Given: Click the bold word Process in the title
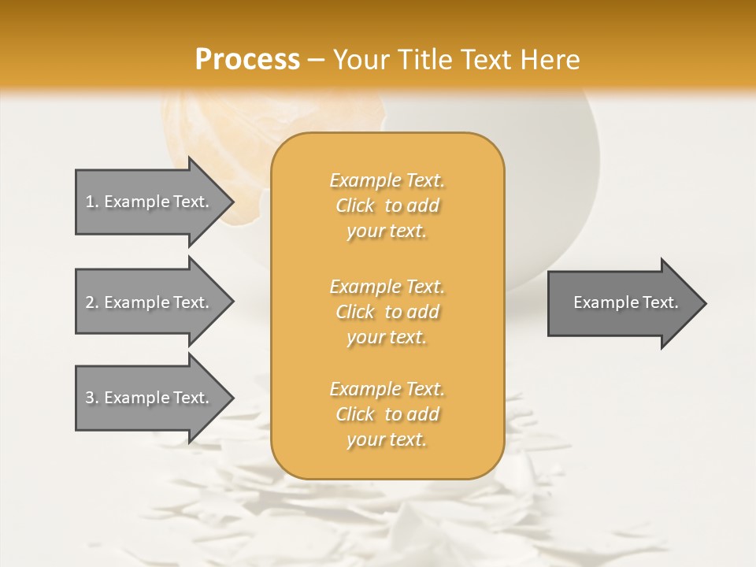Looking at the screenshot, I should click(x=247, y=60).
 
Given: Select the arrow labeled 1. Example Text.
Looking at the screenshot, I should click(x=150, y=202).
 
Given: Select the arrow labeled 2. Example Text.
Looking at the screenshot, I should click(x=150, y=302).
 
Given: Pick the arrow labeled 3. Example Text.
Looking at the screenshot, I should click(x=150, y=398).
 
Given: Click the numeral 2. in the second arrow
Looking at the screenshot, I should click(x=92, y=302).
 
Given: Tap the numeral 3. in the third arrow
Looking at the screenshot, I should click(x=92, y=398).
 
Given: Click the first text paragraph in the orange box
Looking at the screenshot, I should click(x=387, y=206).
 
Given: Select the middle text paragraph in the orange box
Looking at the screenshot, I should click(x=387, y=312).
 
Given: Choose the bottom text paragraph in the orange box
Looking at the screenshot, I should click(x=387, y=414).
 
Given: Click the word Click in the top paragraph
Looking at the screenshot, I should click(x=355, y=206).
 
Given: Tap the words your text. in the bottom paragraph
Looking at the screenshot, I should click(x=387, y=440).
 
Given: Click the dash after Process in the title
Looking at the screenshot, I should click(x=316, y=60).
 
